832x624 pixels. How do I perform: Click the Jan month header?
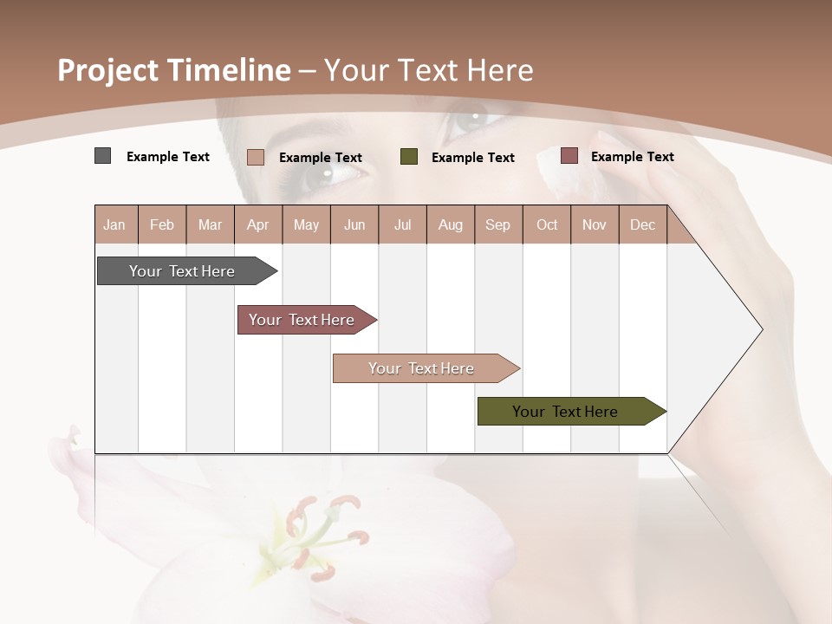[114, 225]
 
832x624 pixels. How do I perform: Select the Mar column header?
[210, 225]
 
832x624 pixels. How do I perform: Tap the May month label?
[306, 225]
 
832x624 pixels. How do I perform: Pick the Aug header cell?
[450, 225]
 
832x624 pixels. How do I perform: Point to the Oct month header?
[547, 225]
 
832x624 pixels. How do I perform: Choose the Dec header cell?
[642, 225]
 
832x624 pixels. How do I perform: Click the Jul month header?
[402, 225]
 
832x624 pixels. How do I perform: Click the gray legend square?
[102, 156]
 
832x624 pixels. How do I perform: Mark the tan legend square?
[255, 157]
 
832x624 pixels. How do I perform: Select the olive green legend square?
[409, 157]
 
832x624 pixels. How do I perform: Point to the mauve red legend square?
[569, 156]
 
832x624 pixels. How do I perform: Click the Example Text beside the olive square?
[472, 158]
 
